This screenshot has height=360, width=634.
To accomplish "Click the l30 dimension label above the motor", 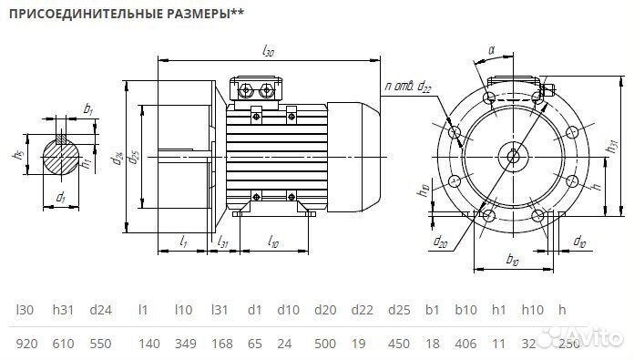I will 268,52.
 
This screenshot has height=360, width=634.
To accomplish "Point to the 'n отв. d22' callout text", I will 409,87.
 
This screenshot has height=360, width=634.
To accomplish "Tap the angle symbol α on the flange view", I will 492,52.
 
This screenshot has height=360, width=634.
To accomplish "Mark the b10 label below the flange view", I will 512,262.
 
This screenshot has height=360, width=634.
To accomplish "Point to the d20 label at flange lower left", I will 441,241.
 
